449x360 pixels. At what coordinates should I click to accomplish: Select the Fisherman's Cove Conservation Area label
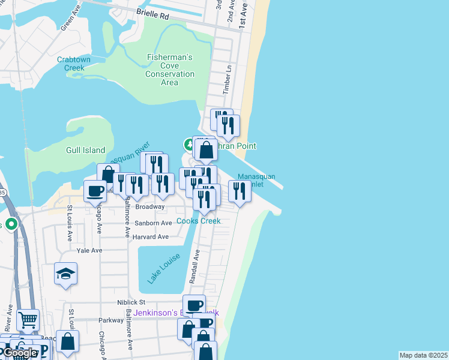click(170, 70)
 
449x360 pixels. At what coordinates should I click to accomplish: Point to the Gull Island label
click(85, 150)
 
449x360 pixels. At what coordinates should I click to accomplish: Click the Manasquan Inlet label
click(256, 180)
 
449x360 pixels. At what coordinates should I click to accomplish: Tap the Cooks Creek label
click(198, 221)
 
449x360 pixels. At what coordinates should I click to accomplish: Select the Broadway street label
click(149, 206)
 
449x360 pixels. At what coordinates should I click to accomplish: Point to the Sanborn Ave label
click(153, 223)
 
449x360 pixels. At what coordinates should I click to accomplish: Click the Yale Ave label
click(89, 250)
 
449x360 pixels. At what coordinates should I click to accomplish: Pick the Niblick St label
click(131, 302)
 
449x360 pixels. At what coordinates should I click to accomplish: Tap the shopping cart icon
click(28, 320)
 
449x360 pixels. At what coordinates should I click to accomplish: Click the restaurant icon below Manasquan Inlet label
click(240, 191)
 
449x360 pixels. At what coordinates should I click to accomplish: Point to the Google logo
click(20, 353)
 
